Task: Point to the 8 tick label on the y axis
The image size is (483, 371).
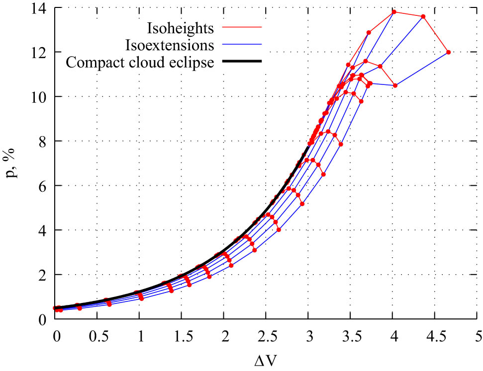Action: point(45,142)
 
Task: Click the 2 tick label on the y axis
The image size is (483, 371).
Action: point(45,275)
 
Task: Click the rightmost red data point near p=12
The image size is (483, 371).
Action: point(448,52)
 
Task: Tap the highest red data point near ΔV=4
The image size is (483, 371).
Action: point(394,12)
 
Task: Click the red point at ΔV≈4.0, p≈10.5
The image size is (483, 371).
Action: point(395,85)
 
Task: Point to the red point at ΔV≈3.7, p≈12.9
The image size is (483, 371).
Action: point(369,33)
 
